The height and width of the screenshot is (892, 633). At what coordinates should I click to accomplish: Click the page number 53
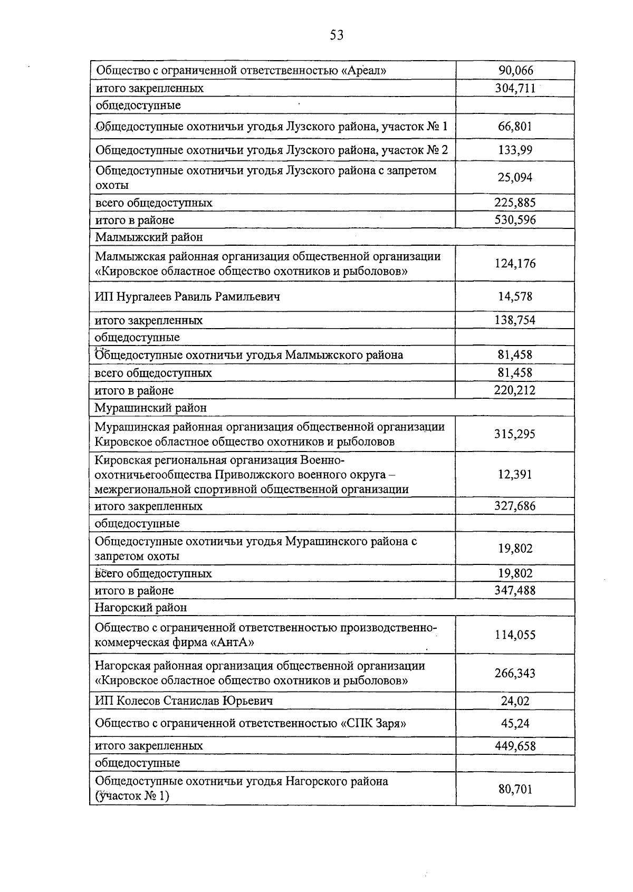pyautogui.click(x=337, y=35)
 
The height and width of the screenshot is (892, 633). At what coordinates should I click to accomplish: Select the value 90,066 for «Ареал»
pyautogui.click(x=515, y=70)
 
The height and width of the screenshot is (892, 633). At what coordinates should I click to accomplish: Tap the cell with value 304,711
pyautogui.click(x=515, y=88)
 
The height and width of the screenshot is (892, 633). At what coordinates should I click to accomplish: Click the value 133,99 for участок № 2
pyautogui.click(x=515, y=150)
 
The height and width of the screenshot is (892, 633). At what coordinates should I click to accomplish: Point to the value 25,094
pyautogui.click(x=515, y=177)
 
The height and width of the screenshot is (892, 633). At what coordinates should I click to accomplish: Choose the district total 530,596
pyautogui.click(x=515, y=220)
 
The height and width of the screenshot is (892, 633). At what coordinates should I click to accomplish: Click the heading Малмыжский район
pyautogui.click(x=149, y=237)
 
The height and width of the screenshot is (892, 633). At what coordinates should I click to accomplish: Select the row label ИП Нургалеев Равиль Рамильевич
pyautogui.click(x=187, y=296)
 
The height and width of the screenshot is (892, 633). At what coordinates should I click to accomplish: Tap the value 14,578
pyautogui.click(x=515, y=296)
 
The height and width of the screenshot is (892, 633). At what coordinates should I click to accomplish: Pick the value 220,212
pyautogui.click(x=515, y=390)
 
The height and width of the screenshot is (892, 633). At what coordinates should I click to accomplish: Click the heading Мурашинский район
pyautogui.click(x=151, y=408)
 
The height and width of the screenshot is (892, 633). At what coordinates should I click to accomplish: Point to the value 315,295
pyautogui.click(x=515, y=434)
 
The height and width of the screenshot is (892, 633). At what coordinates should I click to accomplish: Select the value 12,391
pyautogui.click(x=515, y=474)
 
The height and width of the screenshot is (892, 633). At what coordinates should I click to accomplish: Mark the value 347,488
pyautogui.click(x=515, y=590)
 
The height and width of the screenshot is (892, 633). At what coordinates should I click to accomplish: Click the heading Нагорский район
pyautogui.click(x=141, y=608)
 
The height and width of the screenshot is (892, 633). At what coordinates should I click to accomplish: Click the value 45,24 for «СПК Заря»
pyautogui.click(x=515, y=723)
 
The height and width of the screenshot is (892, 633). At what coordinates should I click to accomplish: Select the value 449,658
pyautogui.click(x=515, y=746)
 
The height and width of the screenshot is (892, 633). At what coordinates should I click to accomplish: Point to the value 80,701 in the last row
pyautogui.click(x=515, y=789)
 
